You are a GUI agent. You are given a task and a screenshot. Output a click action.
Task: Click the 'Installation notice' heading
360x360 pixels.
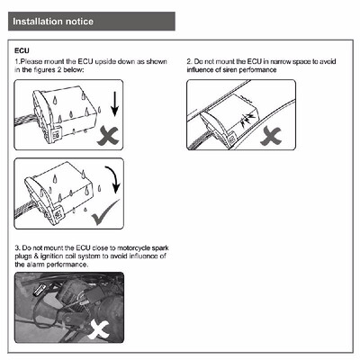(53, 22)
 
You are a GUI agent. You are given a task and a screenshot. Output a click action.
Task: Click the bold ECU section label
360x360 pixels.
(22, 50)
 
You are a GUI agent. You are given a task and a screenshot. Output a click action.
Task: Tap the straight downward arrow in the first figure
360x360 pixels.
(114, 103)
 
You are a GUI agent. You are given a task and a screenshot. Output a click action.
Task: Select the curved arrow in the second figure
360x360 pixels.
(113, 178)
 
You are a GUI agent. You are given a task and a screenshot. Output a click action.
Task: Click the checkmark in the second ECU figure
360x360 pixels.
(104, 212)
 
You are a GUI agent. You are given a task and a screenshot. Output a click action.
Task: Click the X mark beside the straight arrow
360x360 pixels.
(108, 136)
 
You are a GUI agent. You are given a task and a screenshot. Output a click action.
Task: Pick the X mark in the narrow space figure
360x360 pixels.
(271, 136)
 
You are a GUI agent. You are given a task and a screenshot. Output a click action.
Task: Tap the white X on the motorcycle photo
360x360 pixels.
(98, 329)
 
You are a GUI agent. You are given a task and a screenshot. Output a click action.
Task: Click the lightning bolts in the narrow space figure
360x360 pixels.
(247, 120)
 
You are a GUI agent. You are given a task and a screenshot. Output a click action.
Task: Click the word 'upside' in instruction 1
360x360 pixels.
(105, 61)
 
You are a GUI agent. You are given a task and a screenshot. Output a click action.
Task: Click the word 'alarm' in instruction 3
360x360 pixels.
(35, 265)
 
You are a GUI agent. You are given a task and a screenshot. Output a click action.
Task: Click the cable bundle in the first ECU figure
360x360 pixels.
(26, 124)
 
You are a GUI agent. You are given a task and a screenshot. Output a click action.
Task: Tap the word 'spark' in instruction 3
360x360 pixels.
(160, 248)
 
